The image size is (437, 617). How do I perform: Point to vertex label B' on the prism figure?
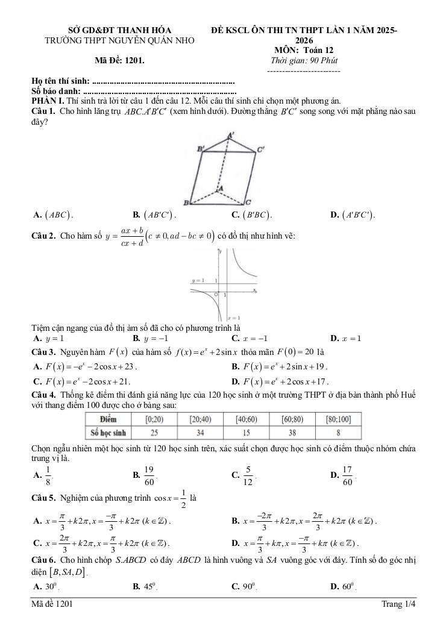[201, 148]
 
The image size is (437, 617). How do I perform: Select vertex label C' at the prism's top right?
[260, 148]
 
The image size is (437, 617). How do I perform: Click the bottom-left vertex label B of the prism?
[186, 202]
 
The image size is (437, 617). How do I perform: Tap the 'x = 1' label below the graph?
[234, 317]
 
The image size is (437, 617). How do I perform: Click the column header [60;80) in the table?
[294, 419]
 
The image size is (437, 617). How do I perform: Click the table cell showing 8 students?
[339, 432]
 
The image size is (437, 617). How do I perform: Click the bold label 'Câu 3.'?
[43, 351]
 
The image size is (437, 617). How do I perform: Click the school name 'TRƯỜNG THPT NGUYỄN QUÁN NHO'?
[111, 40]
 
